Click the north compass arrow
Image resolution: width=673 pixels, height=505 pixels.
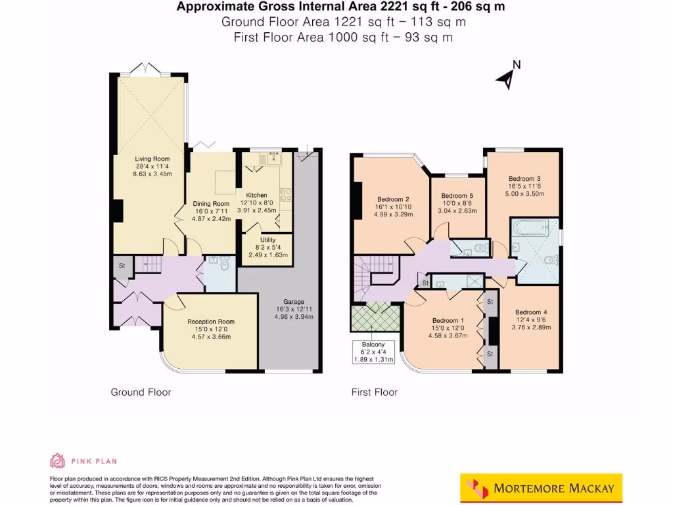(506, 77)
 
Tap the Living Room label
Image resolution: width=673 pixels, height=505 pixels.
(152, 159)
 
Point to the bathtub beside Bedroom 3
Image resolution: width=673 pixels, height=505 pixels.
(528, 229)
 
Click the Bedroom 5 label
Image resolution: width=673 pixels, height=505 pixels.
(457, 196)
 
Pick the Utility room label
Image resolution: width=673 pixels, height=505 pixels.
(268, 240)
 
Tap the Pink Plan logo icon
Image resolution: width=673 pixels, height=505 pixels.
(58, 461)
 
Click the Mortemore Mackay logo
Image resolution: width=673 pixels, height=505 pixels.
(540, 488)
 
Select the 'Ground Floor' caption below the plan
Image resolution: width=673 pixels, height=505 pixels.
(141, 393)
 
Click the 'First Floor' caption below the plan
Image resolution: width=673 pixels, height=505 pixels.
(375, 393)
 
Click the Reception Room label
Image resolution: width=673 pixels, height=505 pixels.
(211, 322)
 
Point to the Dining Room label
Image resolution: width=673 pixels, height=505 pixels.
(211, 204)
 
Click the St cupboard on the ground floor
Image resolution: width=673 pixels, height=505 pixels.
(122, 266)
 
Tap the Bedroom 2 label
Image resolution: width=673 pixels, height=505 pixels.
(394, 199)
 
